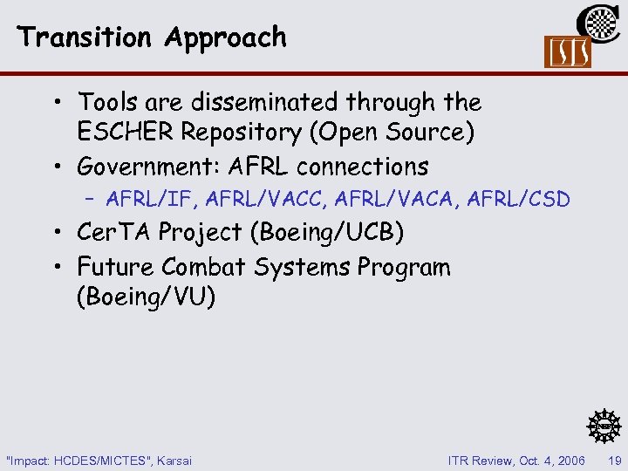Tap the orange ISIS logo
pyautogui.click(x=567, y=52)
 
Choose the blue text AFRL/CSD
pyautogui.click(x=519, y=200)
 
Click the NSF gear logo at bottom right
pyautogui.click(x=602, y=425)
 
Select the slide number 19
pyautogui.click(x=612, y=460)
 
